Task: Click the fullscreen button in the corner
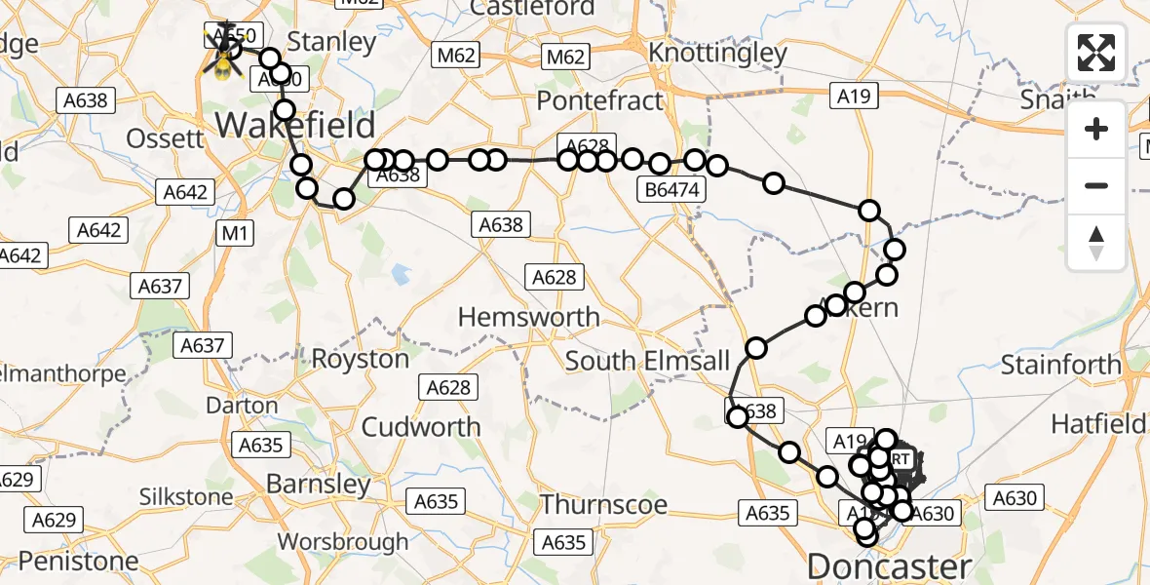pos(1096,53)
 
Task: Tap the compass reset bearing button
pos(1096,243)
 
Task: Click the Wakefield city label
pos(295,125)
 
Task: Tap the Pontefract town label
pos(599,100)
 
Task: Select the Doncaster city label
pos(890,565)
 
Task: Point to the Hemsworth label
pos(528,317)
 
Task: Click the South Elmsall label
pos(647,361)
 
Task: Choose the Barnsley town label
pos(318,484)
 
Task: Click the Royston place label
pos(360,359)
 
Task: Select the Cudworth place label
pos(421,427)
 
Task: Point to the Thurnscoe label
pos(604,505)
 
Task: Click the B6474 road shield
pos(672,190)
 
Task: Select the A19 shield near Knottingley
pos(855,96)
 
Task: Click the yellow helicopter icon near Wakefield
pos(222,51)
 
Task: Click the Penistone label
pos(79,561)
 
